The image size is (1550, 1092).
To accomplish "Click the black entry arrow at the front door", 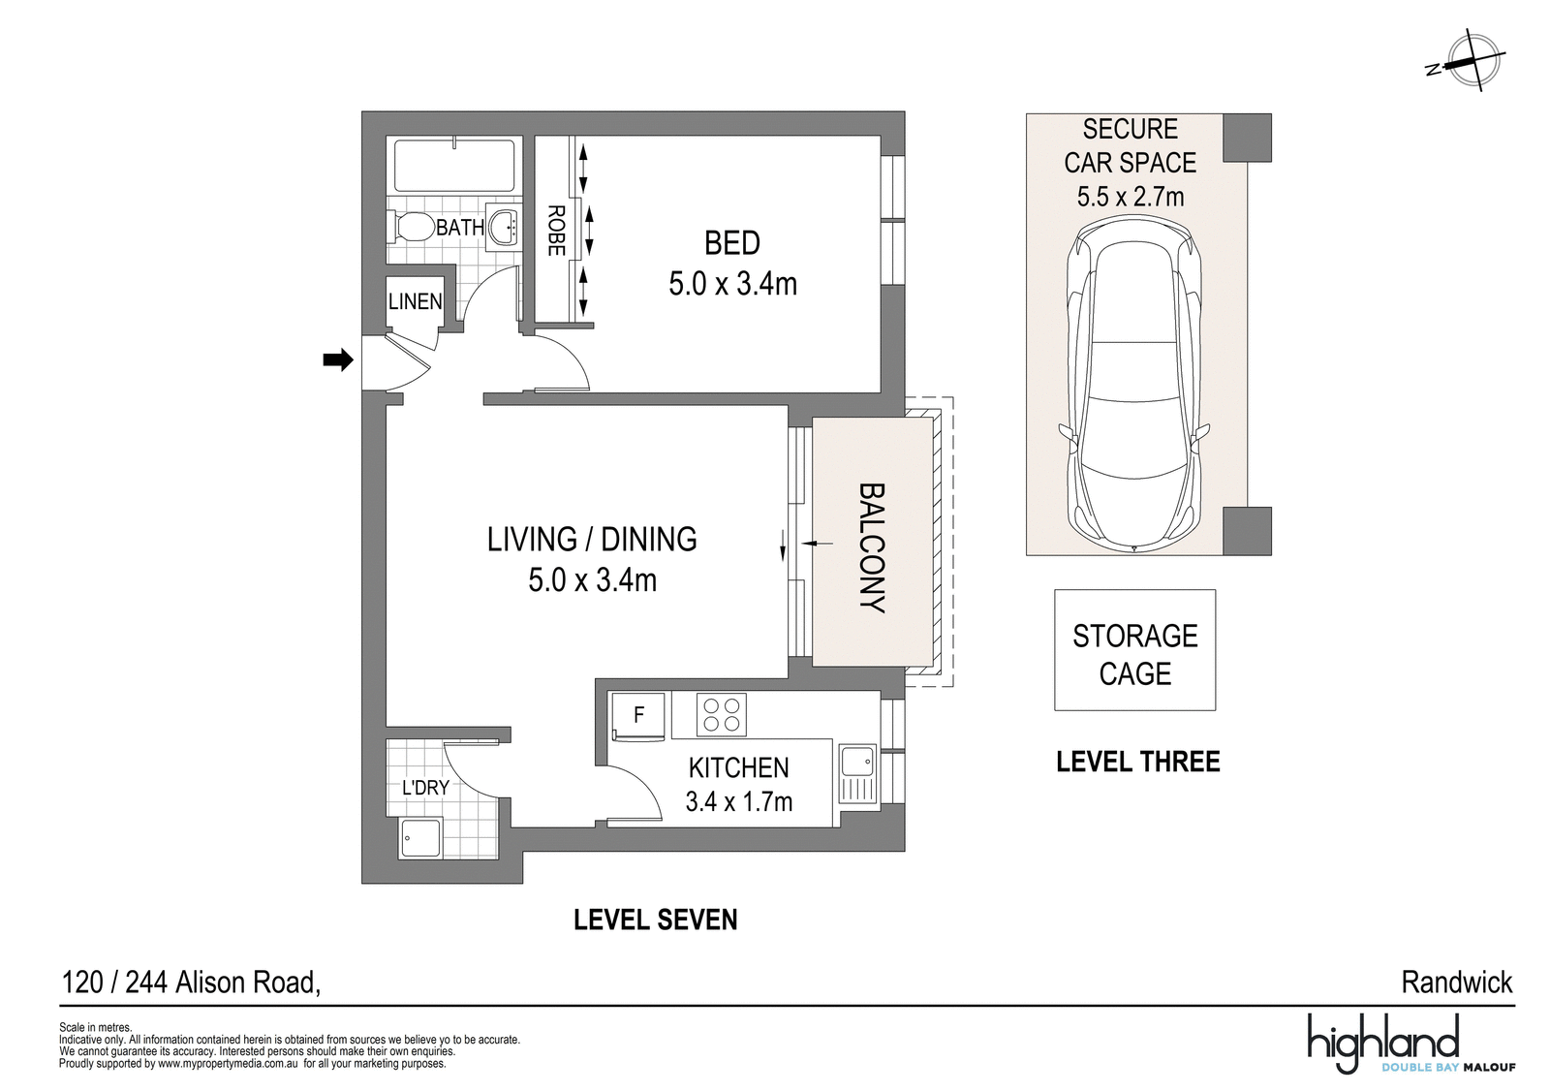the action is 338,359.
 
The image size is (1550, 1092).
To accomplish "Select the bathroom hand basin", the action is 505,226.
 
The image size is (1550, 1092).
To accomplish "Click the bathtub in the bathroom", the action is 454,166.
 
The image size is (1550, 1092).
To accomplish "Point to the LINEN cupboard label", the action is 416,301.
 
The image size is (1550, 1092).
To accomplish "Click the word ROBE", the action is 556,231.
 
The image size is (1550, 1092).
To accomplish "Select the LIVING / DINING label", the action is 592,540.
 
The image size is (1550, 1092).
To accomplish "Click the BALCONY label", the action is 872,547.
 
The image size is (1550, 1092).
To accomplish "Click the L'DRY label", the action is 426,788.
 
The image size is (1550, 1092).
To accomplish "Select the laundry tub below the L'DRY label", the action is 420,839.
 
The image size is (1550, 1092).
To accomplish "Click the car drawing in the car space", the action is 1133,384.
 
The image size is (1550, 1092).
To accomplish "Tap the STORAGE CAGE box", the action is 1134,650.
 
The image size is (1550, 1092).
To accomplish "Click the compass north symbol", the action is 1469,61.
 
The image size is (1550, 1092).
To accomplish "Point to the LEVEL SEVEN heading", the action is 656,920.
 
